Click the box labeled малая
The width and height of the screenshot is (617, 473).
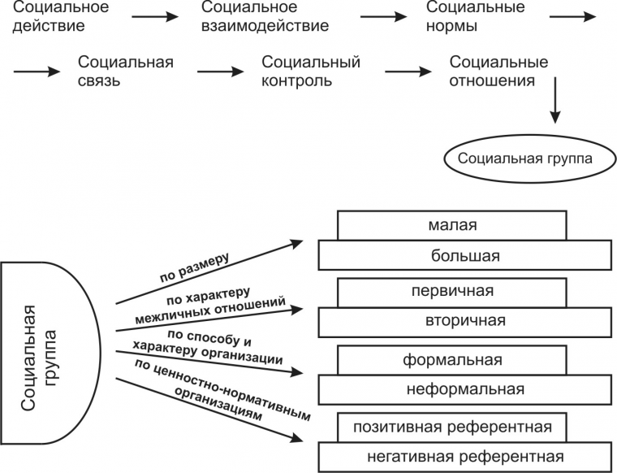click(451, 225)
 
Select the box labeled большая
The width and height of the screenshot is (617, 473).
click(464, 256)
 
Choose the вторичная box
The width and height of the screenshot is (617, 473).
click(464, 321)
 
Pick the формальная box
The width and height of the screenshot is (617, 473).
click(452, 359)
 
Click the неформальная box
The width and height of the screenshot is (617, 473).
click(464, 389)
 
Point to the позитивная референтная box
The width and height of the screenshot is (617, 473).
click(452, 427)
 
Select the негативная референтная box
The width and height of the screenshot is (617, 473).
click(464, 456)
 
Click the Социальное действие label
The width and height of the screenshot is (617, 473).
click(52, 17)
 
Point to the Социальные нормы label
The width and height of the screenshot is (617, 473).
click(475, 17)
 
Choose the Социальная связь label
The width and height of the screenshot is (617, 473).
click(113, 72)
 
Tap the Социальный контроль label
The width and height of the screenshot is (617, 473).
click(311, 72)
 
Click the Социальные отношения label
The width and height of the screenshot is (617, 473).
click(498, 72)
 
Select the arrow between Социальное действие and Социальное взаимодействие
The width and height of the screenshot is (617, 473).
click(153, 15)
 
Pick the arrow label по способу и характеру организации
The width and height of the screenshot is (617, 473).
click(224, 346)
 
